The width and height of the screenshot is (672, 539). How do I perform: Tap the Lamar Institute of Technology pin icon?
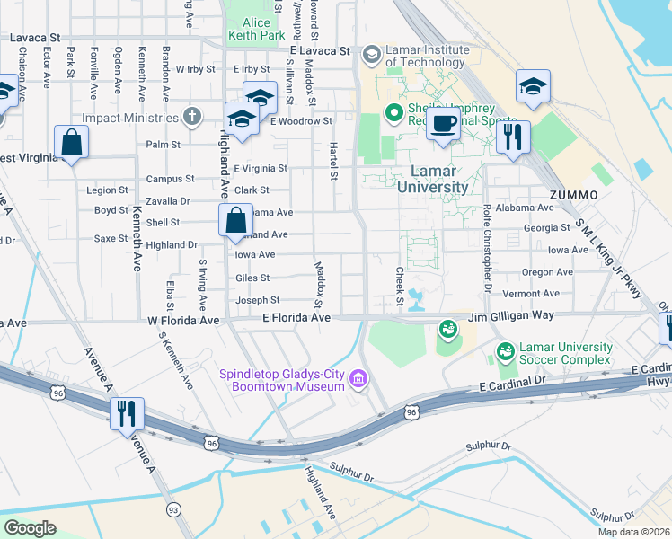371,56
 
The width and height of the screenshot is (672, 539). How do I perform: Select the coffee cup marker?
442,124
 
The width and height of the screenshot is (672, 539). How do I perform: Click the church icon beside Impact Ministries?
191,117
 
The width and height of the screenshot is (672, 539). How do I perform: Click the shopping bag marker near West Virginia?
71,143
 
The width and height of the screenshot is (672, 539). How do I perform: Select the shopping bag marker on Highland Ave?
234,220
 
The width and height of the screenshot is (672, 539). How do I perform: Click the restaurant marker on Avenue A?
127,413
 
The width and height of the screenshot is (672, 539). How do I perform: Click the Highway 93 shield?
171,509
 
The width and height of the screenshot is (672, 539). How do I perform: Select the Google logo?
30,528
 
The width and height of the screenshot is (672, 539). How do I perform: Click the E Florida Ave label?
296,318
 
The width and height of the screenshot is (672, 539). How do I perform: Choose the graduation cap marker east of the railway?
533,86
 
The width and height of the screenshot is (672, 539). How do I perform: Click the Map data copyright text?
632,532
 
